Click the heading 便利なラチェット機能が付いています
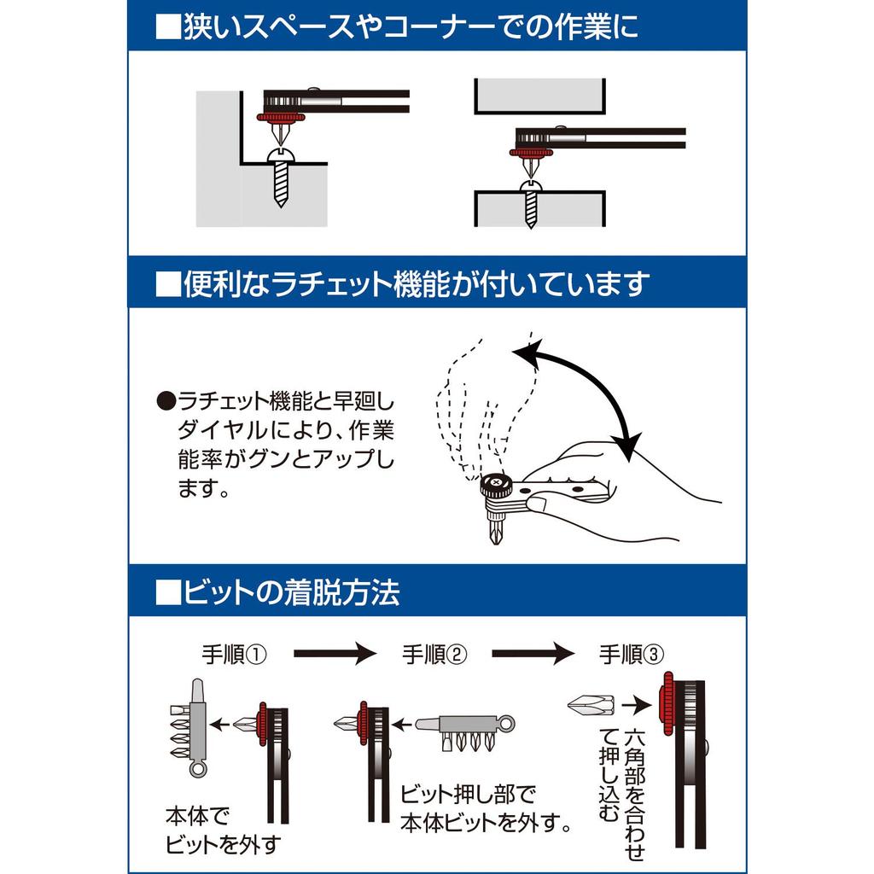pos(403,283)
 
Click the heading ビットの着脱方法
pos(278,591)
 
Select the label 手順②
pos(435,655)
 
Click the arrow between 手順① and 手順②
pos(335,655)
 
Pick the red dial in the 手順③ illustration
pos(666,708)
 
